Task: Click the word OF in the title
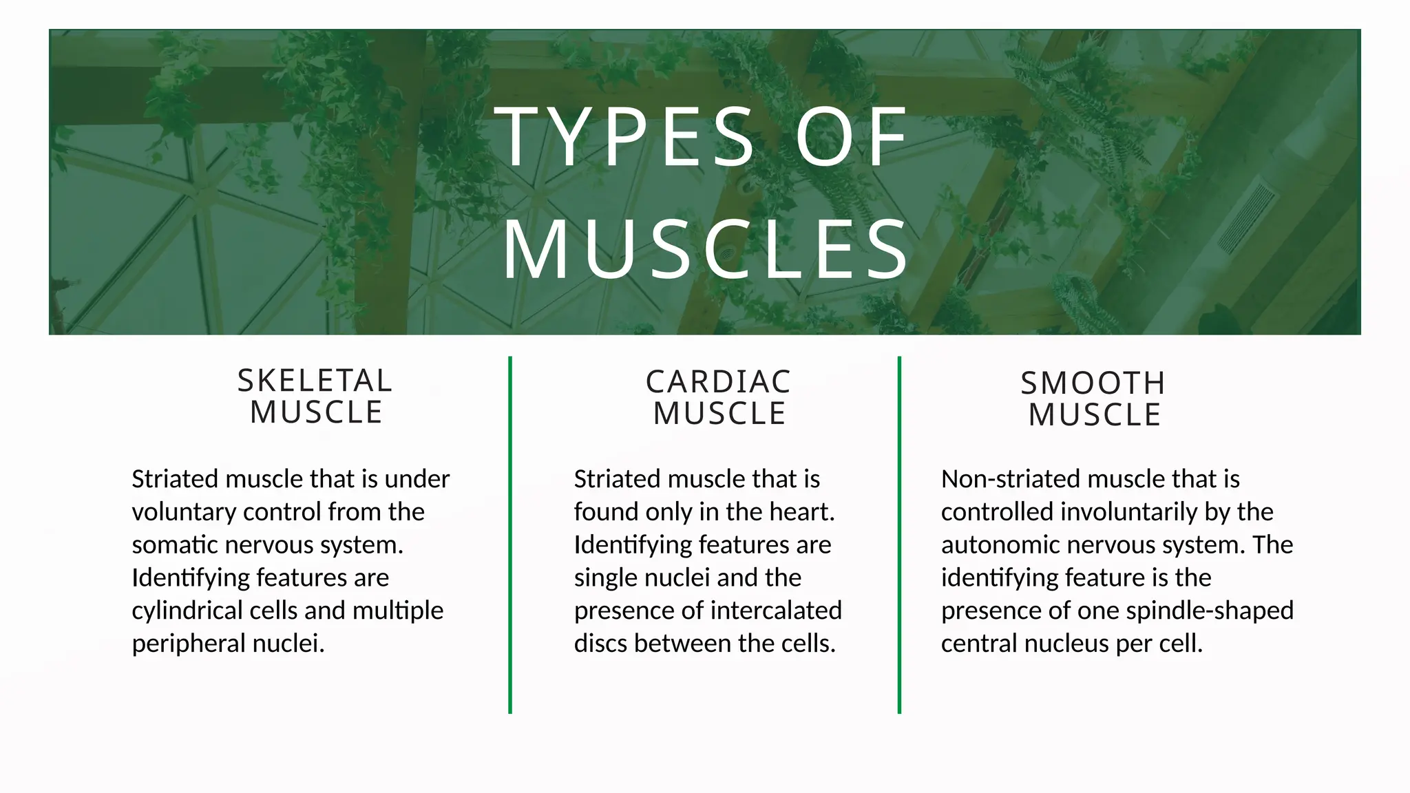(852, 137)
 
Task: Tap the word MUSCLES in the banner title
(706, 250)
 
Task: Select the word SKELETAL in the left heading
(315, 381)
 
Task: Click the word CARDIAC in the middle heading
(718, 382)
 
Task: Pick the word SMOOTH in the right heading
(1093, 383)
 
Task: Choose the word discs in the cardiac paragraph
(600, 644)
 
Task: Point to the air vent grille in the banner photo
(1246, 217)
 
